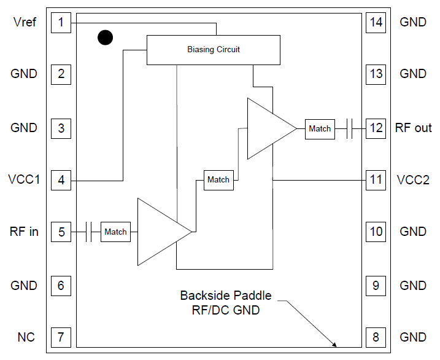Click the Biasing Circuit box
pyautogui.click(x=213, y=50)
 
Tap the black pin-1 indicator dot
pyautogui.click(x=106, y=38)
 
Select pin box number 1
pyautogui.click(x=61, y=23)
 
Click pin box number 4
pyautogui.click(x=61, y=180)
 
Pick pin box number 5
pyautogui.click(x=61, y=232)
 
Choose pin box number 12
pyautogui.click(x=376, y=128)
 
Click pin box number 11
pyautogui.click(x=376, y=180)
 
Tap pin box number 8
pyautogui.click(x=376, y=337)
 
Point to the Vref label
pyautogui.click(x=24, y=23)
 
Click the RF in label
pyautogui.click(x=24, y=232)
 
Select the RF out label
pyautogui.click(x=413, y=128)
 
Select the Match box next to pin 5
pyautogui.click(x=115, y=232)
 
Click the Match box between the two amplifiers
pyautogui.click(x=218, y=179)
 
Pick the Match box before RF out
pyautogui.click(x=320, y=128)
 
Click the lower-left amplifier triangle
pyautogui.click(x=159, y=232)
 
